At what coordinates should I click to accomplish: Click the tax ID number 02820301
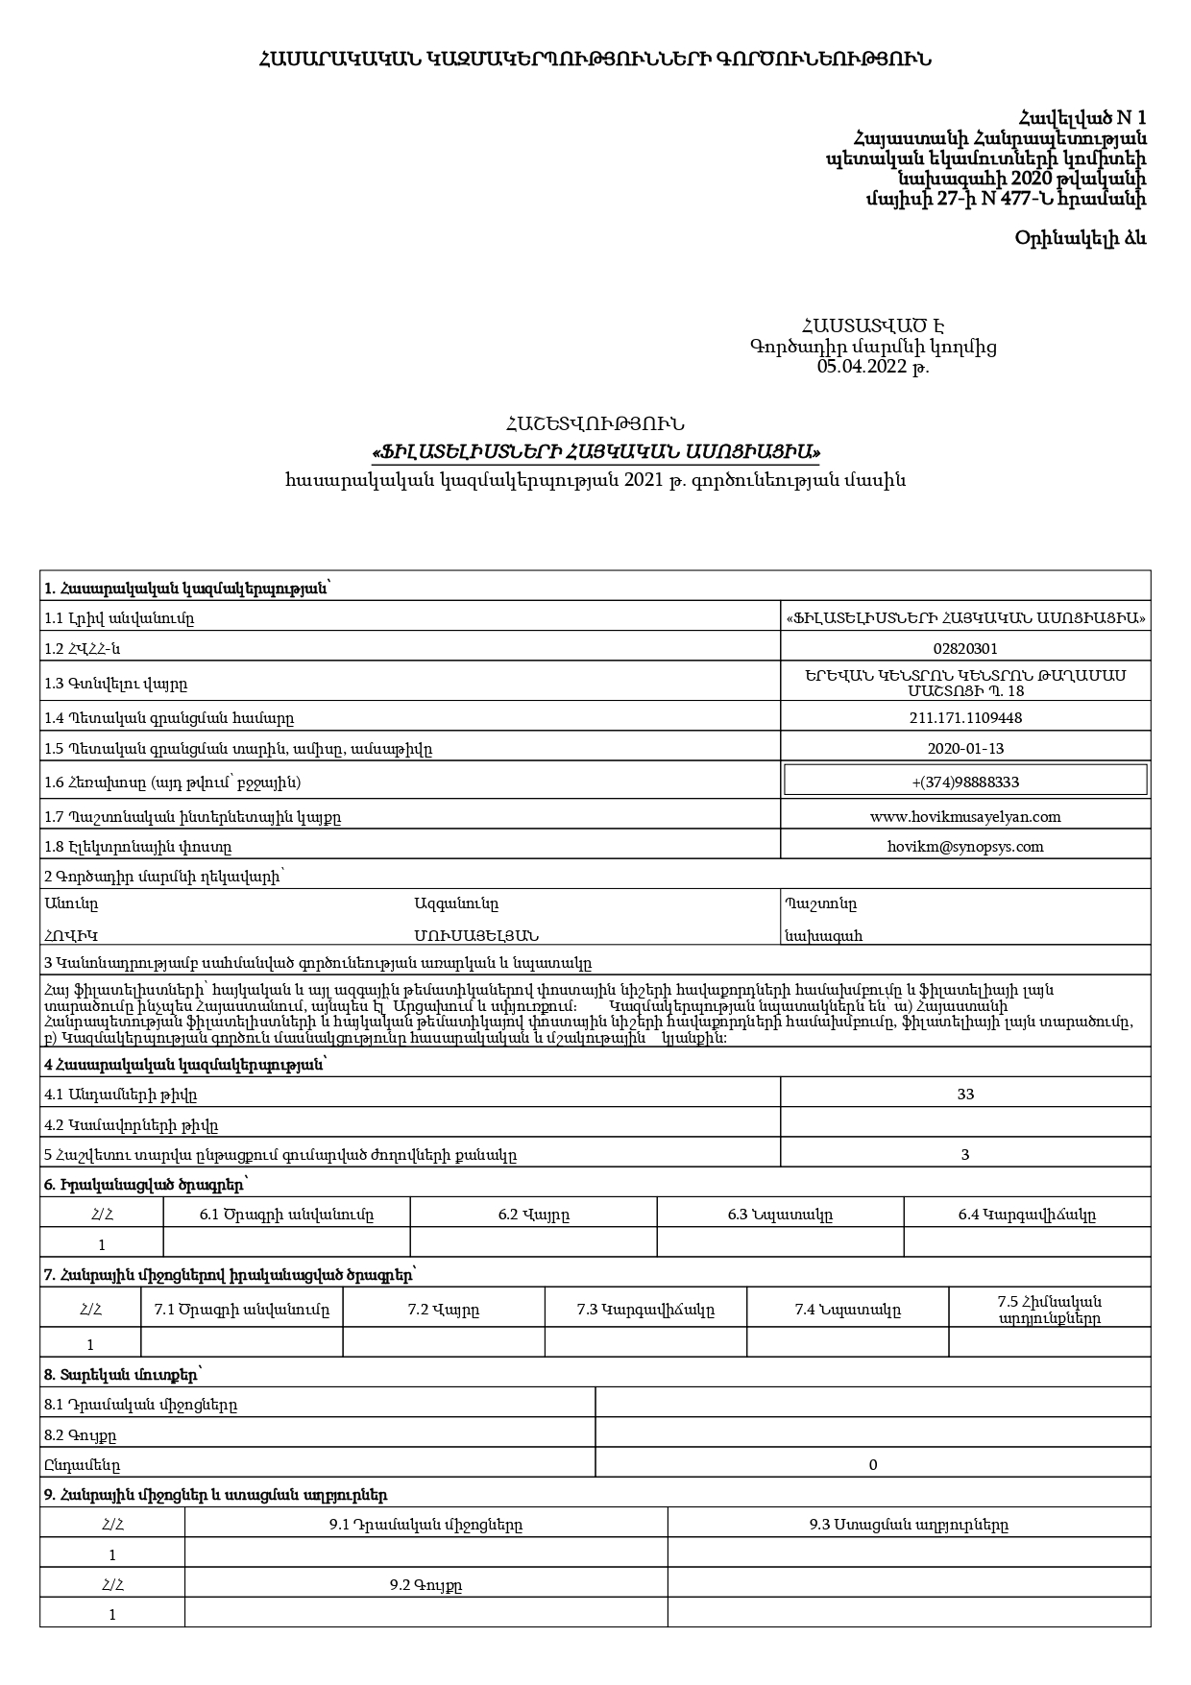coord(965,649)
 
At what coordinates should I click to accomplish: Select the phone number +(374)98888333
coord(965,782)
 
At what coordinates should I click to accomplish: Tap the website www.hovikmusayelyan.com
coord(965,817)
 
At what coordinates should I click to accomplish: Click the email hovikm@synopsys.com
coord(965,847)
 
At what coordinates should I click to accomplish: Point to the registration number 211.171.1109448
coord(965,718)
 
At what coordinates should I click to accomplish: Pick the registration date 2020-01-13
coord(965,749)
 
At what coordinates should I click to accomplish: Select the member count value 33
coord(965,1095)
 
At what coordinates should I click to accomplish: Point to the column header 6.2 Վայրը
coord(533,1215)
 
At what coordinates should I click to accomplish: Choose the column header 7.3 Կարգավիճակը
coord(645,1311)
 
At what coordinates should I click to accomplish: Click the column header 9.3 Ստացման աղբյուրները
coord(909,1525)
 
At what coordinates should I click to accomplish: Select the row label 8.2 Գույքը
coord(81,1435)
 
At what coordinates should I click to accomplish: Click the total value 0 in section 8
coord(872,1465)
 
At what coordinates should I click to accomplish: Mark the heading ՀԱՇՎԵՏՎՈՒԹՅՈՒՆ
coord(595,423)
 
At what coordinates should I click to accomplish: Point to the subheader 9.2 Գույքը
coord(425,1585)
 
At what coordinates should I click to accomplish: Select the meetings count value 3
coord(965,1155)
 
